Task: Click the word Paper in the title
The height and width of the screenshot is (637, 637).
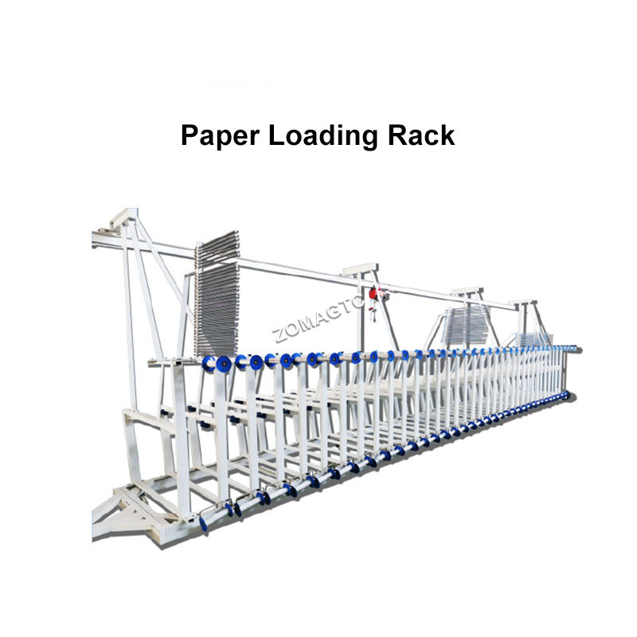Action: click(x=220, y=135)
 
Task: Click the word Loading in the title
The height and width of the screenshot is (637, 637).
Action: click(x=323, y=135)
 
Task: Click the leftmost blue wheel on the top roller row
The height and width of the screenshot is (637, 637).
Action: click(x=209, y=365)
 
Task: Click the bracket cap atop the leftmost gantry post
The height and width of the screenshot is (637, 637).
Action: click(x=123, y=217)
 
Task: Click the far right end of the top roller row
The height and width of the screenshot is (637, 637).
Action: click(x=575, y=348)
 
